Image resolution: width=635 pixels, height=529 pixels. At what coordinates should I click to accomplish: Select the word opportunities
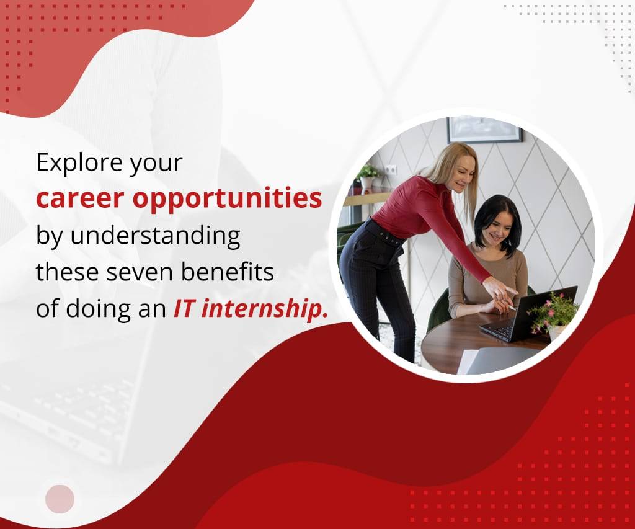[227, 199]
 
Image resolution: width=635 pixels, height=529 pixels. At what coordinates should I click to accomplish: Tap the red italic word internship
[264, 309]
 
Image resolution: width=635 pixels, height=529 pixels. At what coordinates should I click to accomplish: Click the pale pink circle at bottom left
[60, 499]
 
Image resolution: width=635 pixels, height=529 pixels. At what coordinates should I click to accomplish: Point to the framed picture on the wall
[484, 129]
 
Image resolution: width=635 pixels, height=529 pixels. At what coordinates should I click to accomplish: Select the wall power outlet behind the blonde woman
[391, 170]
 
